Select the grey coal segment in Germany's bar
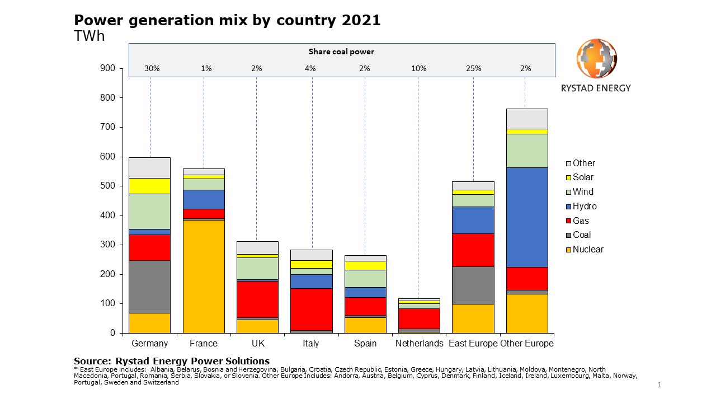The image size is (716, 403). point(149,287)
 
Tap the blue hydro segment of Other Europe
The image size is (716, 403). point(527,217)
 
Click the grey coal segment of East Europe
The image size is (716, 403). point(473,285)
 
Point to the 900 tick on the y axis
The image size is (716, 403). point(108,69)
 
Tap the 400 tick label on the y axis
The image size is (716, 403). point(108,215)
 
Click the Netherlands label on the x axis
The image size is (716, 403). point(419,344)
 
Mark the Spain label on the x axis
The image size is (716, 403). point(365,344)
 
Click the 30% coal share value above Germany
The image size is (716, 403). point(152,69)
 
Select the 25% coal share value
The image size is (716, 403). point(473,69)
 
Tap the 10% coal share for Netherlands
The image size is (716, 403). point(419,69)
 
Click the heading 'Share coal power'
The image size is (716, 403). point(341,51)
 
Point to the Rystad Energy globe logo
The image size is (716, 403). point(596,59)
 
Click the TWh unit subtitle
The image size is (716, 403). point(89,36)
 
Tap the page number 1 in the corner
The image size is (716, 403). point(660,385)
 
